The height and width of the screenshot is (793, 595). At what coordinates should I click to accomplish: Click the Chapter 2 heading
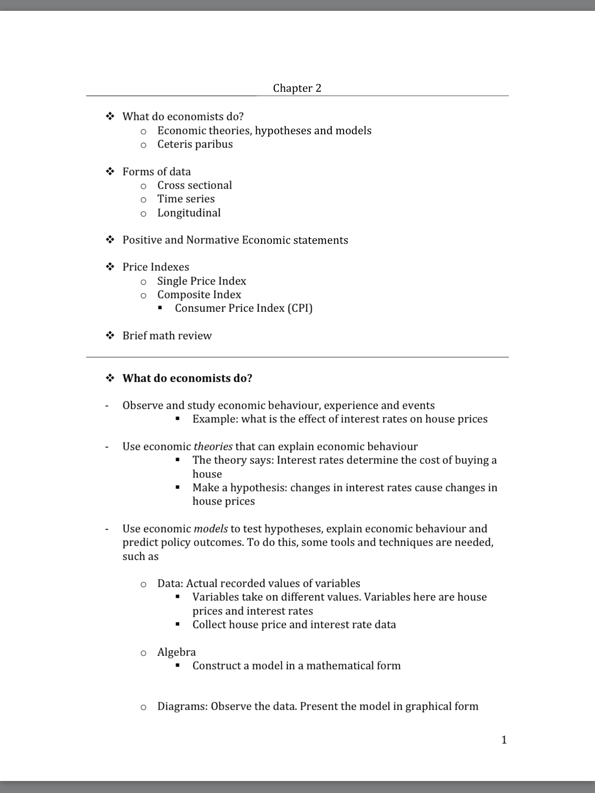pyautogui.click(x=297, y=88)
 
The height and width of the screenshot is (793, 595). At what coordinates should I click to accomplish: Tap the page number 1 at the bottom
pyautogui.click(x=504, y=740)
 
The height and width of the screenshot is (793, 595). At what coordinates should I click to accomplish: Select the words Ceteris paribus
pyautogui.click(x=195, y=144)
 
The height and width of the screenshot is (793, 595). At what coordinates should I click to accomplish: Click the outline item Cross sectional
pyautogui.click(x=194, y=185)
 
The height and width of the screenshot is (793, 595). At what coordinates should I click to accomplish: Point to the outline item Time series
pyautogui.click(x=186, y=199)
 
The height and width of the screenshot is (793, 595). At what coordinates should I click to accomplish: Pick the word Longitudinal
pyautogui.click(x=189, y=213)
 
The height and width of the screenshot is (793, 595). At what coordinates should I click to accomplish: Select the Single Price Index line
pyautogui.click(x=201, y=281)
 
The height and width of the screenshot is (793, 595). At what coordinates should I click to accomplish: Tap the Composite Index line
pyautogui.click(x=199, y=295)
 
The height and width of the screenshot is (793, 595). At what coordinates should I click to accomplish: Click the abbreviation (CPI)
pyautogui.click(x=300, y=308)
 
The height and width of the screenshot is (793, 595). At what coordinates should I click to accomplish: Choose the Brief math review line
pyautogui.click(x=167, y=336)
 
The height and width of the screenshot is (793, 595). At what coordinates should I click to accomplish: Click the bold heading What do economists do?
pyautogui.click(x=187, y=378)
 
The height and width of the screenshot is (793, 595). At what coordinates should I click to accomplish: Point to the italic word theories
pyautogui.click(x=213, y=446)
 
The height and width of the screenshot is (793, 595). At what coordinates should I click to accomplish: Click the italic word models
pyautogui.click(x=211, y=529)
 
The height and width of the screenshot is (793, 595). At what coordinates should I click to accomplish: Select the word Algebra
pyautogui.click(x=176, y=652)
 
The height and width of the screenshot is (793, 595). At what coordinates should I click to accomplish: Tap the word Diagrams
pyautogui.click(x=182, y=706)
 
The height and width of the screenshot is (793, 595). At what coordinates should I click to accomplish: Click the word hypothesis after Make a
pyautogui.click(x=258, y=488)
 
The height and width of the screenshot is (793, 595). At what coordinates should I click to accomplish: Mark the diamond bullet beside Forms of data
pyautogui.click(x=110, y=172)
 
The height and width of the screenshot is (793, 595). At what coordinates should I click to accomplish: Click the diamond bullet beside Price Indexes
pyautogui.click(x=110, y=267)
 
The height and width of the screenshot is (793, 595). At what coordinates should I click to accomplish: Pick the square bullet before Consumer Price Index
pyautogui.click(x=160, y=308)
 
